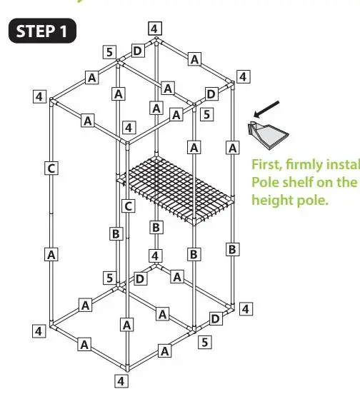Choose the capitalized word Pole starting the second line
265,182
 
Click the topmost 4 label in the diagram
155,29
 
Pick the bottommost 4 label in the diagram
121,380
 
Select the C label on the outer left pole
51,168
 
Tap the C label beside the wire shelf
127,206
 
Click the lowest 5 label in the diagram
205,342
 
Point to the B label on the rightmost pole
232,249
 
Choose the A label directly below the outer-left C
51,254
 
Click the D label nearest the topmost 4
137,51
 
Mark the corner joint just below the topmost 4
154,42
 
